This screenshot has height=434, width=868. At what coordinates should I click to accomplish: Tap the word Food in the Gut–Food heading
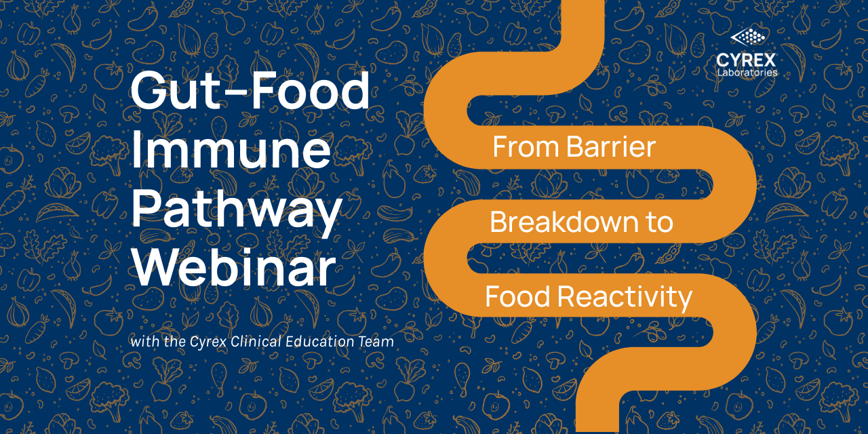310,90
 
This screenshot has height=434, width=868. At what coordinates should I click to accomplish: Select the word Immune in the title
231,150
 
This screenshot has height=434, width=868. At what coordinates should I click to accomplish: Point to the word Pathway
237,212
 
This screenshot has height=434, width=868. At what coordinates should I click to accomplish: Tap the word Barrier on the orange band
611,147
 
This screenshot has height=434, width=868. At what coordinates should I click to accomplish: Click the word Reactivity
625,298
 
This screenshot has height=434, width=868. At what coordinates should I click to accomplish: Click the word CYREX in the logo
746,60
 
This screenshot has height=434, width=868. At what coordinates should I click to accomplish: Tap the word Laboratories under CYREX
747,73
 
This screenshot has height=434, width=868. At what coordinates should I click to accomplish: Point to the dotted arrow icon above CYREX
747,37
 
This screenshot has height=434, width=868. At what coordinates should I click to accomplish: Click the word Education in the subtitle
319,341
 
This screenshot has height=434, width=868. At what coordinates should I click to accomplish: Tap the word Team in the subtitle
376,342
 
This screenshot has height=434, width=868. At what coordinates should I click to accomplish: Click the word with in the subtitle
145,341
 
